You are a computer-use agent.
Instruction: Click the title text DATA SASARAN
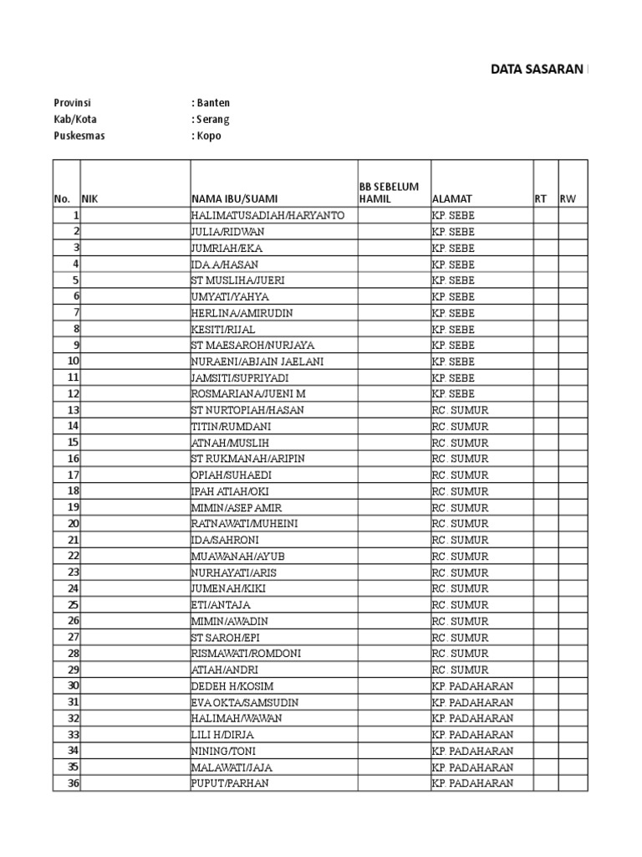[538, 70]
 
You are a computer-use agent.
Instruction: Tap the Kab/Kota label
[75, 120]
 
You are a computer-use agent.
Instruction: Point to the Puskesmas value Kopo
[209, 136]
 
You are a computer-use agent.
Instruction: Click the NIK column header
[89, 199]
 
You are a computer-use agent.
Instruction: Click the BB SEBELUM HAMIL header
[389, 192]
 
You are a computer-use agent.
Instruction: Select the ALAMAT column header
[452, 199]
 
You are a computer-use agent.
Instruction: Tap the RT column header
[540, 199]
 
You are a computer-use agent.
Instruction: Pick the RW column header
[568, 199]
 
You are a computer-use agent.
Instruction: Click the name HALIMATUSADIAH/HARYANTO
[261, 216]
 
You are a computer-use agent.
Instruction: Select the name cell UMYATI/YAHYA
[230, 297]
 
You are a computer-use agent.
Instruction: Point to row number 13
[74, 410]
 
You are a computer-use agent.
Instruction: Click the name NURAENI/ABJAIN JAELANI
[257, 362]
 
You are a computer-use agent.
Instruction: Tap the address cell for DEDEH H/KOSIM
[472, 686]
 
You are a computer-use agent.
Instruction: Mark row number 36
[74, 783]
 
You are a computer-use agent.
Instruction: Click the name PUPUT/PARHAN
[230, 783]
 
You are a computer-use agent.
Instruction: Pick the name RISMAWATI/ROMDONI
[246, 654]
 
